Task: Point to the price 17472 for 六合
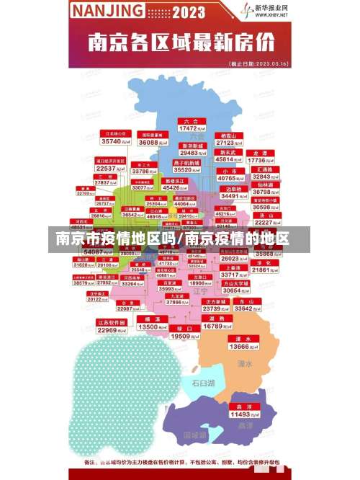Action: (190, 128)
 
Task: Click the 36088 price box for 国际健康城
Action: (150, 143)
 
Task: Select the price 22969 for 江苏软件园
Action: (112, 330)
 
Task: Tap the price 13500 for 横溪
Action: (152, 327)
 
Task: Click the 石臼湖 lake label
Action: (203, 383)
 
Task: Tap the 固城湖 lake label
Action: (195, 435)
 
